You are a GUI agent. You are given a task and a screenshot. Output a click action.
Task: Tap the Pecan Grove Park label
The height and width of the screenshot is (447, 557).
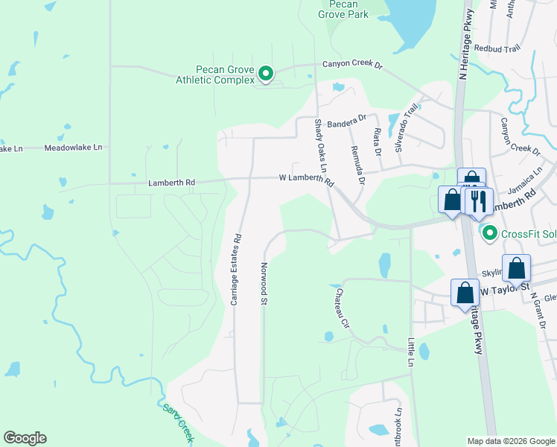(x=343, y=9)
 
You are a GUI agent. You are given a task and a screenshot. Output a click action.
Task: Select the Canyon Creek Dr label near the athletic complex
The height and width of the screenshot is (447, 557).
(x=351, y=65)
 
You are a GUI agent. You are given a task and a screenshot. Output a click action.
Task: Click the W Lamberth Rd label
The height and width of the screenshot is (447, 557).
(x=306, y=178)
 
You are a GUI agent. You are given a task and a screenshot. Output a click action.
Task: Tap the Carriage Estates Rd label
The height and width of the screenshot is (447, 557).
(x=237, y=270)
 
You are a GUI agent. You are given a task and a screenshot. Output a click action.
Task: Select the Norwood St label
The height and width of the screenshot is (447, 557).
(x=264, y=284)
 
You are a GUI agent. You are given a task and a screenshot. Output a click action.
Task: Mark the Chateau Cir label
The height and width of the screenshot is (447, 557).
(x=343, y=308)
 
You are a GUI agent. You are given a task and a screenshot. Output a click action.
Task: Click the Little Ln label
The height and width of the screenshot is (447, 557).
(x=410, y=352)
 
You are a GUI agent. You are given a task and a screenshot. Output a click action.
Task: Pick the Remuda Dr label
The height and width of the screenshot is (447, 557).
(x=355, y=164)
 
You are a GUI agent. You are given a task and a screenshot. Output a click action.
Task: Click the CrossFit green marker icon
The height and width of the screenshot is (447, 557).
(x=489, y=234)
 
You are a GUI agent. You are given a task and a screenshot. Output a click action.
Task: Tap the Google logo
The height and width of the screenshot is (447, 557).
(x=25, y=438)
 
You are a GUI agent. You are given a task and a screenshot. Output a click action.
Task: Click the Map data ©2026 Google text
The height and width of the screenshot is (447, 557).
(x=510, y=441)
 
